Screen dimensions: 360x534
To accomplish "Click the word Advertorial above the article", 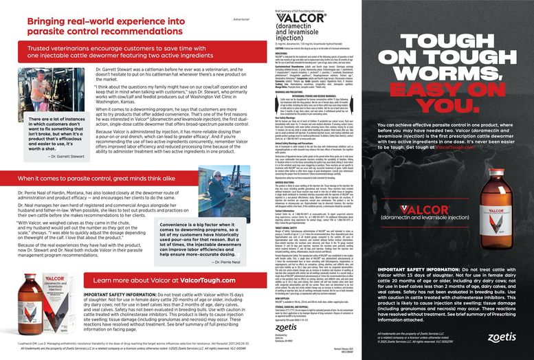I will (241, 19).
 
